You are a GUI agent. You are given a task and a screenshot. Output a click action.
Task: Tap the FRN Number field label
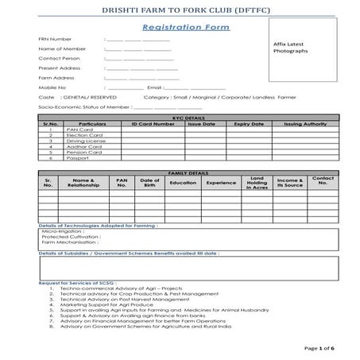pyautogui.click(x=56, y=39)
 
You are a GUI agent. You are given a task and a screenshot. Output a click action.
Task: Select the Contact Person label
pyautogui.click(x=60, y=59)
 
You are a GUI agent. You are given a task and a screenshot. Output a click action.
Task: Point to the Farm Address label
pyautogui.click(x=56, y=78)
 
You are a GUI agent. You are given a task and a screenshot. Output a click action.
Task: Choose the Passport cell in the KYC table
pyautogui.click(x=78, y=158)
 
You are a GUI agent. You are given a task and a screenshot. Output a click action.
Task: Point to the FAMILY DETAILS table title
pyautogui.click(x=188, y=172)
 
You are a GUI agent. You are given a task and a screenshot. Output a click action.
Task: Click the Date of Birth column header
pyautogui.click(x=149, y=182)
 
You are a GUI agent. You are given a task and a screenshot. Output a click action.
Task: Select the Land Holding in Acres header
pyautogui.click(x=257, y=183)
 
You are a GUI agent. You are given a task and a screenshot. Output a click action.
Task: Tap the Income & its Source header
pyautogui.click(x=290, y=182)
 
